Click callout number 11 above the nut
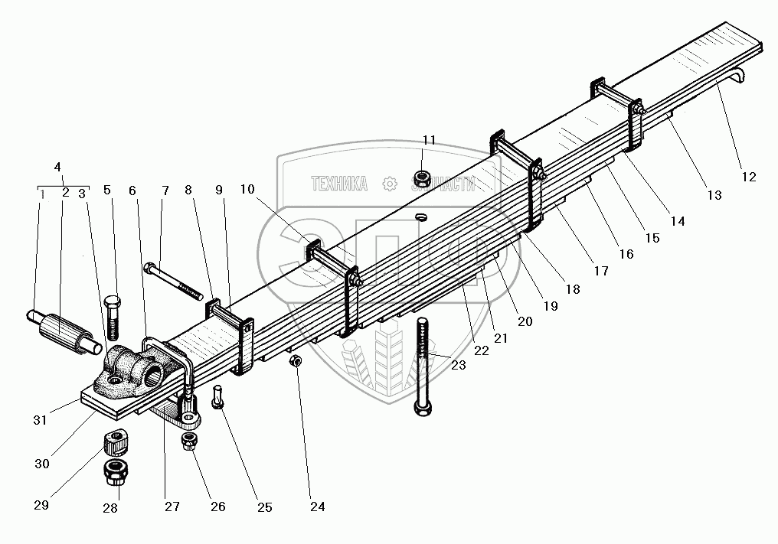pyautogui.click(x=429, y=140)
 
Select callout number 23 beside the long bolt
pyautogui.click(x=458, y=365)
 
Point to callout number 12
pyautogui.click(x=748, y=177)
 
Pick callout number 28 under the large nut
pyautogui.click(x=111, y=507)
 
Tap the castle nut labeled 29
pyautogui.click(x=116, y=442)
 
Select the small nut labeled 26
pyautogui.click(x=188, y=441)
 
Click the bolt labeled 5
pyautogui.click(x=113, y=314)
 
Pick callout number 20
pyautogui.click(x=525, y=321)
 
